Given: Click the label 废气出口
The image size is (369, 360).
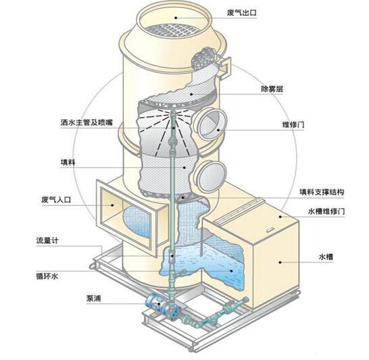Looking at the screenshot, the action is click(241, 12).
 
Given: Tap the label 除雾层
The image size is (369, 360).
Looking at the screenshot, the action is click(272, 89).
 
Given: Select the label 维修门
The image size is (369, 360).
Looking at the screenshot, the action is click(293, 124).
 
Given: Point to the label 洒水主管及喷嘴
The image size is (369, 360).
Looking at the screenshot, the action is click(87, 122).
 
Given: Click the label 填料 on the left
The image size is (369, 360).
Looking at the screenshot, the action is click(68, 162).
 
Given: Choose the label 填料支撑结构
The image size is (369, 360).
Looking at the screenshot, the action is click(322, 192).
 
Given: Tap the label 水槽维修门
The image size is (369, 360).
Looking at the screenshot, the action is click(326, 211).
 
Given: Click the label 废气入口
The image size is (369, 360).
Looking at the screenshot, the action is click(56, 200).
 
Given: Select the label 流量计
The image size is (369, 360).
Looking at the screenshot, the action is click(47, 240).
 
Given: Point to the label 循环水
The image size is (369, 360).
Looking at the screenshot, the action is click(47, 276).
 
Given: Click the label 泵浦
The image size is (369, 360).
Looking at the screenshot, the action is click(93, 299).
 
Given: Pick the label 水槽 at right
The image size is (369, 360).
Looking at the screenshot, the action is click(326, 257).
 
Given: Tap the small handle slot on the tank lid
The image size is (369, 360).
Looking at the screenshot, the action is click(269, 229).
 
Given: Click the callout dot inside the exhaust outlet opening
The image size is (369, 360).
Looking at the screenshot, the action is click(176, 18).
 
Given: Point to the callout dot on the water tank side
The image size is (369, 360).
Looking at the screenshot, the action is click(280, 262).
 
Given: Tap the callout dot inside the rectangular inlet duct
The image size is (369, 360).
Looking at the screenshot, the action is click(112, 205).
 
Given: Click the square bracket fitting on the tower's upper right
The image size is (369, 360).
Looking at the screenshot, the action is click(224, 66).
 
